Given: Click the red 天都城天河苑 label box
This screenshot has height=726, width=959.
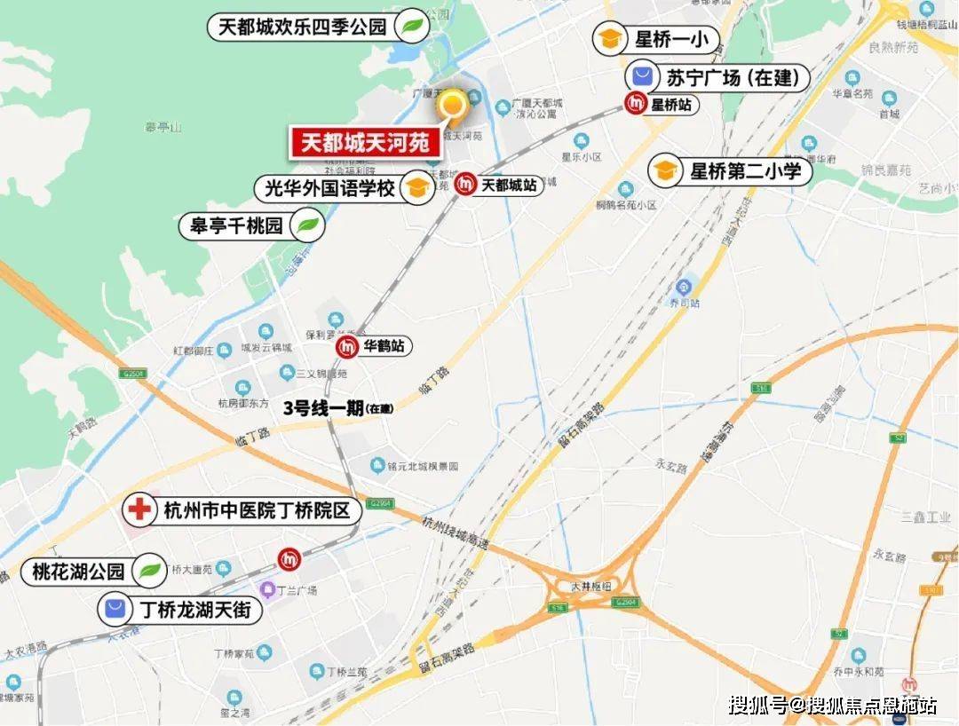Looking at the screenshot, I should click(x=364, y=143).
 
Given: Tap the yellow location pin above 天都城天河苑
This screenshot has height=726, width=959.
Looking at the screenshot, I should click(x=453, y=106).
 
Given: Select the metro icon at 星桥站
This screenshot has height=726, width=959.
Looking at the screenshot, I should click(x=636, y=104).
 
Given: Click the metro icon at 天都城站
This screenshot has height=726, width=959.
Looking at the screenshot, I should click(x=465, y=185).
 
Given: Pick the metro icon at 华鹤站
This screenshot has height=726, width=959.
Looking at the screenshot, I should click(x=347, y=347).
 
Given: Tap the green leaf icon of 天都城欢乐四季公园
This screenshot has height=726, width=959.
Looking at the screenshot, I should click(x=411, y=27).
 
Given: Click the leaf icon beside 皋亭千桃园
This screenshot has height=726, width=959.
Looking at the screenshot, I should click(x=307, y=225).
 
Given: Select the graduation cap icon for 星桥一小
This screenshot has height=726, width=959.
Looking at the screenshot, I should click(x=610, y=40).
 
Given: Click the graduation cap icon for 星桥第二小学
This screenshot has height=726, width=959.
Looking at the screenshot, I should click(x=664, y=171).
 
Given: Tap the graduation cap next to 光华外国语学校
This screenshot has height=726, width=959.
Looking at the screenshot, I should click(x=415, y=188).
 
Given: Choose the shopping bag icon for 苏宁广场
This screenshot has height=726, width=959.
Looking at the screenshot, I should click(x=644, y=77).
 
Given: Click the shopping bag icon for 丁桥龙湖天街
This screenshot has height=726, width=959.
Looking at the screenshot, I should click(x=115, y=610).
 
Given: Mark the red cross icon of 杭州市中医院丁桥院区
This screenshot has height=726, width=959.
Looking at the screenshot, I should click(x=138, y=511).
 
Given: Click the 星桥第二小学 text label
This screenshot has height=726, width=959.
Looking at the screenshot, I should click(x=746, y=171).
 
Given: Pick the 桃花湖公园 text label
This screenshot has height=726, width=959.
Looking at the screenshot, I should click(x=79, y=572).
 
